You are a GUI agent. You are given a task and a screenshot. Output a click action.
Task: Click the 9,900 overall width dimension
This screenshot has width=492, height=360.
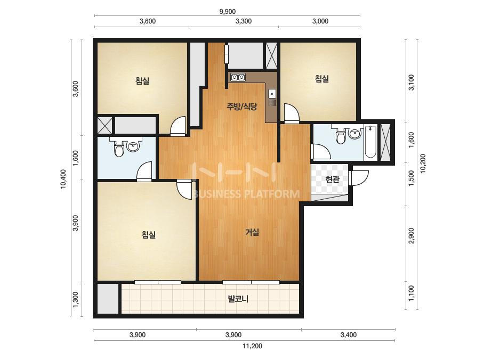(228, 12)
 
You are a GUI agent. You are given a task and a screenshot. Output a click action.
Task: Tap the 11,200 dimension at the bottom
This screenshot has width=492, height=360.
(252, 346)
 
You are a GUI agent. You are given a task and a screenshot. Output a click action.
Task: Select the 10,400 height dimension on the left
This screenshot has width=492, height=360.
(63, 179)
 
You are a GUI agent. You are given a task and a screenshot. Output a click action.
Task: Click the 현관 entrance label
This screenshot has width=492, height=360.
(332, 179)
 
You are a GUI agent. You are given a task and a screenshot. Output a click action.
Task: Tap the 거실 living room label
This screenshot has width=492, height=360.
(252, 232)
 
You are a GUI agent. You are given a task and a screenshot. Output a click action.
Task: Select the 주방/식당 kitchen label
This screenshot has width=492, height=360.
(242, 107)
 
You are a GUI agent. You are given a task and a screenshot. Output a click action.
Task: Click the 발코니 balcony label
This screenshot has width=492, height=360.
(238, 299)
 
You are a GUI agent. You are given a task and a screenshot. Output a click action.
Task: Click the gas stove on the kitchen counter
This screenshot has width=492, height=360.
(238, 77)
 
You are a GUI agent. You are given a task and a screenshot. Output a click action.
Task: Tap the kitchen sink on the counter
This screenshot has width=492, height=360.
(272, 93)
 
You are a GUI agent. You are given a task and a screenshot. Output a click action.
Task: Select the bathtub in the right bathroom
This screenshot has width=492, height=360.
(371, 142)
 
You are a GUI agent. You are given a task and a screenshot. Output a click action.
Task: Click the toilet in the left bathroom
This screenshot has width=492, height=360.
(119, 147)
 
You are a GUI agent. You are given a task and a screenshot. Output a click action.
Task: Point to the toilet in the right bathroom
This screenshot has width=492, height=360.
(341, 135)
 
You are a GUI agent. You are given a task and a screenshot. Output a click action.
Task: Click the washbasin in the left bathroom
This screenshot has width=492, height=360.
(134, 146)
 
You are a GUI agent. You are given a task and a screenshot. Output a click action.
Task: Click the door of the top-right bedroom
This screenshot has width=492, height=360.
(292, 113)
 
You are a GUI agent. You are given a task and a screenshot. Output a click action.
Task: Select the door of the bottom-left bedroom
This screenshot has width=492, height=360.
(184, 189)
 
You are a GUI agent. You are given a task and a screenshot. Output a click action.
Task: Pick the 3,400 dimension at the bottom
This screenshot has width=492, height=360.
(348, 334)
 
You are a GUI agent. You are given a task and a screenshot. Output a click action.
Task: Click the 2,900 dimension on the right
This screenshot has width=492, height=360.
(412, 235)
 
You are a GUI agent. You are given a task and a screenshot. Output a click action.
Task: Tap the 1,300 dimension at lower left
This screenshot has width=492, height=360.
(75, 299)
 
